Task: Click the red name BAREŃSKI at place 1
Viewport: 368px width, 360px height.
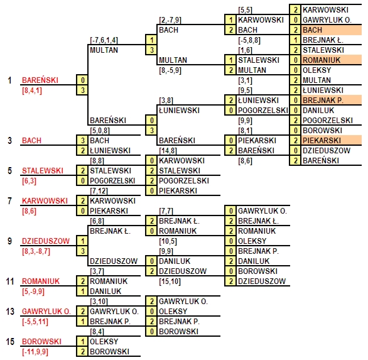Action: pyautogui.click(x=40, y=80)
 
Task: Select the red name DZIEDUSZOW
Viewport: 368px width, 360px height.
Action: pyautogui.click(x=46, y=241)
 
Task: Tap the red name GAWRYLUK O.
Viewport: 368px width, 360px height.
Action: pyautogui.click(x=46, y=312)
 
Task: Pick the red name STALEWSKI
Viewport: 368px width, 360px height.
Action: pyautogui.click(x=43, y=170)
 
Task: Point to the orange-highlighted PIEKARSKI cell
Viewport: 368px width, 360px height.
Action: pyautogui.click(x=332, y=141)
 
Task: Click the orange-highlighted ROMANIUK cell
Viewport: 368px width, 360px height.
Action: pyautogui.click(x=332, y=60)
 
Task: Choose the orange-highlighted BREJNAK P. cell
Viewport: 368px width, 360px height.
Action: pyautogui.click(x=332, y=101)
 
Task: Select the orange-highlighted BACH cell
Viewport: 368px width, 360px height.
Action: pyautogui.click(x=332, y=30)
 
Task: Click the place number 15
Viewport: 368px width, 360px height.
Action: pyautogui.click(x=10, y=341)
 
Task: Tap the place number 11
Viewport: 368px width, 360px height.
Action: pyautogui.click(x=10, y=281)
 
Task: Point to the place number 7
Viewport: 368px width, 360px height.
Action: pyautogui.click(x=9, y=201)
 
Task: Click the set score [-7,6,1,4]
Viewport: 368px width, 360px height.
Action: pyautogui.click(x=104, y=40)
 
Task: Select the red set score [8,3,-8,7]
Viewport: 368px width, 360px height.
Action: pyautogui.click(x=36, y=251)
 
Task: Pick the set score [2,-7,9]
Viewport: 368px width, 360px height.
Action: pyautogui.click(x=170, y=20)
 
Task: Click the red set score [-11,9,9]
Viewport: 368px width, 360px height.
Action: pyautogui.click(x=35, y=352)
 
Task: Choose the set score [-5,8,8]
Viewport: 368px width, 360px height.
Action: pyautogui.click(x=249, y=40)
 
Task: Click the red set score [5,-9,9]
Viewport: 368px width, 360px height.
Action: pyautogui.click(x=33, y=292)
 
